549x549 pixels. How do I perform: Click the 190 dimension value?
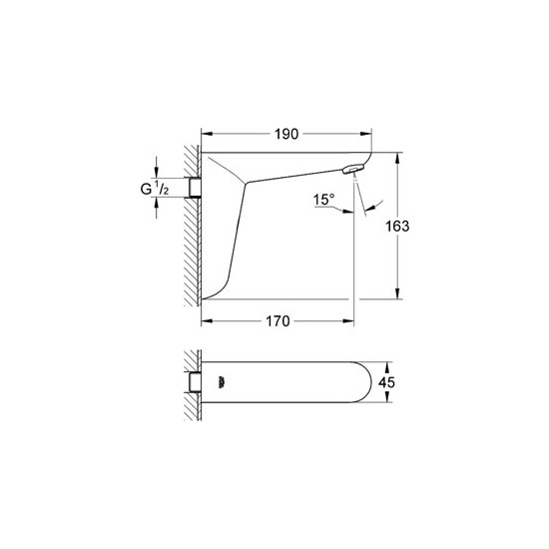(287, 133)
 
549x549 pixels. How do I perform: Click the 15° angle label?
(323, 200)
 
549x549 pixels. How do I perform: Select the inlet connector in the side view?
(196, 186)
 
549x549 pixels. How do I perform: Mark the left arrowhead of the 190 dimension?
(207, 133)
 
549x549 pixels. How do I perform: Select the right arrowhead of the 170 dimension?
(348, 321)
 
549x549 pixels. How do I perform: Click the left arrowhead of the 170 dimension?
(207, 321)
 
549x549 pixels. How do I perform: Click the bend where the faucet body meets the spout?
(245, 183)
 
